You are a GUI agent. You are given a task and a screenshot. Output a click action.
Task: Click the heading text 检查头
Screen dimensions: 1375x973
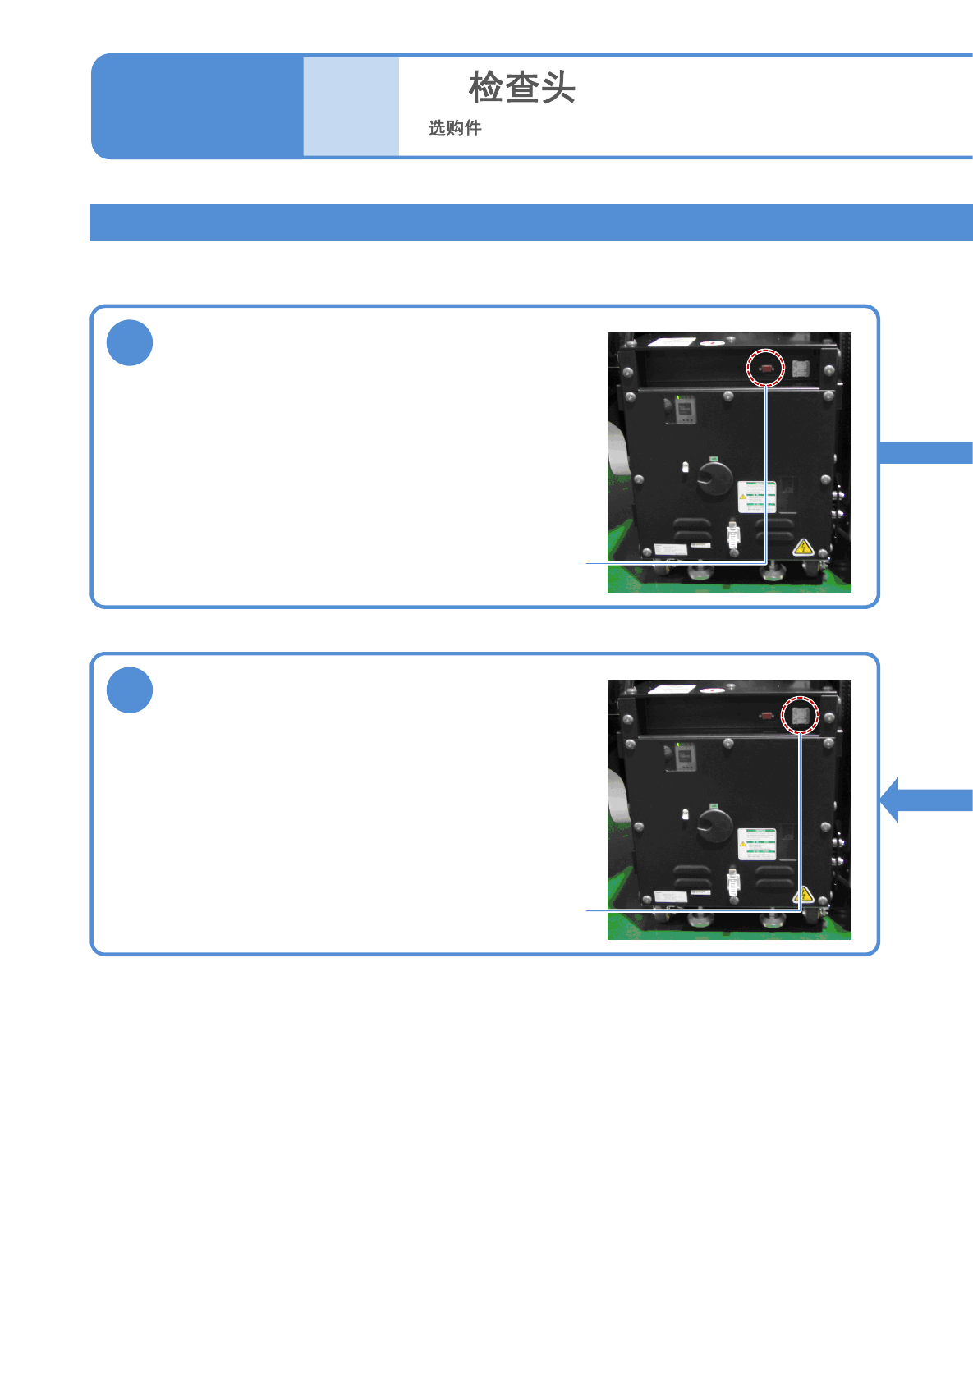pyautogui.click(x=521, y=87)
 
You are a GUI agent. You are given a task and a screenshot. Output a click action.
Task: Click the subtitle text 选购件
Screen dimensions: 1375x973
pyautogui.click(x=455, y=128)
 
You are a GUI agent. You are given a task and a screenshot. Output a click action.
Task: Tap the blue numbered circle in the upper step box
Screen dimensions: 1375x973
pyautogui.click(x=130, y=343)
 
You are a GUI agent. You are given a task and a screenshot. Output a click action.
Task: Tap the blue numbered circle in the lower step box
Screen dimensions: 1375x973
pyautogui.click(x=130, y=690)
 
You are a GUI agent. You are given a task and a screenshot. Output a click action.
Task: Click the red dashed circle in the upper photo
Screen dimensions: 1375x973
pyautogui.click(x=766, y=368)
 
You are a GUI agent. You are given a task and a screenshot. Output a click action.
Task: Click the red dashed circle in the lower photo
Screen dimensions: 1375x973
pyautogui.click(x=800, y=715)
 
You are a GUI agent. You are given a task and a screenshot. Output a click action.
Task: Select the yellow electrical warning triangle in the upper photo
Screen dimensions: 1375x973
pyautogui.click(x=803, y=547)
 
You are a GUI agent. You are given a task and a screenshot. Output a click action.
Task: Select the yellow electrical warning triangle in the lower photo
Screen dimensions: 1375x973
pyautogui.click(x=805, y=894)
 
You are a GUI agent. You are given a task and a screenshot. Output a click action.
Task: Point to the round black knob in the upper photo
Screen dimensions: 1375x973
pyautogui.click(x=714, y=479)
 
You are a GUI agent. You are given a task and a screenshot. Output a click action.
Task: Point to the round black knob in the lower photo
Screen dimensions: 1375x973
pyautogui.click(x=714, y=826)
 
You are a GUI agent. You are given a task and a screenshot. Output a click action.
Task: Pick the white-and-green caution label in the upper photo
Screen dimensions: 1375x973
pyautogui.click(x=756, y=497)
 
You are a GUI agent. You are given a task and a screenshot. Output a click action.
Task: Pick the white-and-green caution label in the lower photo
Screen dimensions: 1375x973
pyautogui.click(x=756, y=844)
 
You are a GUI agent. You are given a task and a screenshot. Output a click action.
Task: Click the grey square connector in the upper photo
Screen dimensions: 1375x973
pyautogui.click(x=801, y=369)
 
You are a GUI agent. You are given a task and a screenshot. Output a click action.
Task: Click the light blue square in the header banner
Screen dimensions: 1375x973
pyautogui.click(x=351, y=106)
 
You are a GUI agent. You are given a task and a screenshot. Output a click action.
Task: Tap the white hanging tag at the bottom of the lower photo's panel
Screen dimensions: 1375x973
pyautogui.click(x=732, y=883)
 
